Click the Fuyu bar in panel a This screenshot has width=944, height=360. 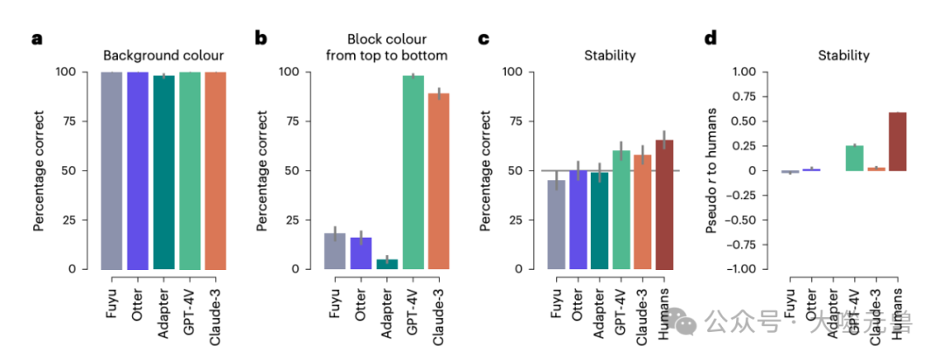tap(111, 170)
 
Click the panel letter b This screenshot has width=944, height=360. tap(260, 38)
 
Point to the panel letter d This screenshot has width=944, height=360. tap(711, 38)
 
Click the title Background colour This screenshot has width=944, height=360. tap(163, 56)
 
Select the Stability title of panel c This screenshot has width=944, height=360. tap(610, 56)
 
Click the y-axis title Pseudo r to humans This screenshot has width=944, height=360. tap(712, 170)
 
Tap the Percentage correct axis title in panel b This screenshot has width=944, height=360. tap(263, 170)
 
